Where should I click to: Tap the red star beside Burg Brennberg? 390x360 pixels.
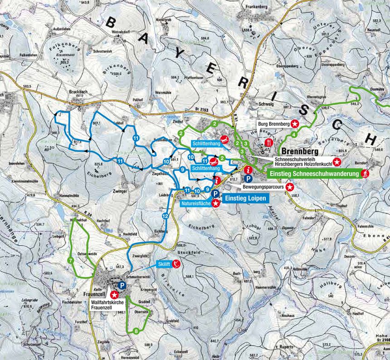click(x=295, y=123)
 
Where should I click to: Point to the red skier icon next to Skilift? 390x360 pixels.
click(x=178, y=264)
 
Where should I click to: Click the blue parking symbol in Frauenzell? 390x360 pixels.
click(x=122, y=285)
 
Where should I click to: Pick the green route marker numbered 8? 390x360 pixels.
click(x=136, y=331)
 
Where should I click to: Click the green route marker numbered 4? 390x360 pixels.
click(x=295, y=134)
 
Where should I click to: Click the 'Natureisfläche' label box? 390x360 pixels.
click(x=196, y=204)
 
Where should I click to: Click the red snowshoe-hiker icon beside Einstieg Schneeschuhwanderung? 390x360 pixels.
click(x=365, y=173)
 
